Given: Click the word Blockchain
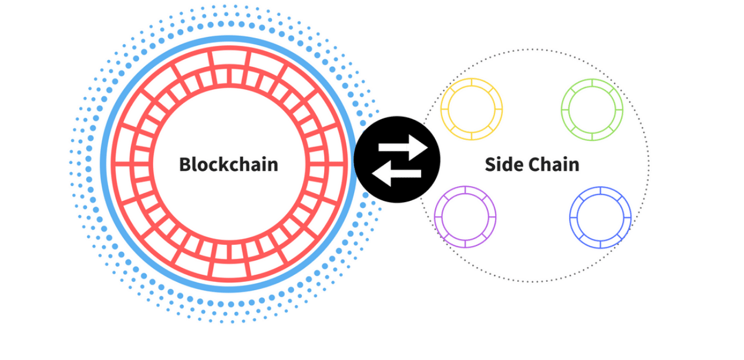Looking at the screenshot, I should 228,164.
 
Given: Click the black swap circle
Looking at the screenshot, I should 396,159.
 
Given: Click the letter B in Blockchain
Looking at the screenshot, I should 185,164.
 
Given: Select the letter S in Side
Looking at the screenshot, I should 490,164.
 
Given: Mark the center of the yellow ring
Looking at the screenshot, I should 472,109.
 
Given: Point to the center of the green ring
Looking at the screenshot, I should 592,109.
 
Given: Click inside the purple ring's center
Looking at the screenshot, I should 465,217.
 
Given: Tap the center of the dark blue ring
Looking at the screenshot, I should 600,217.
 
